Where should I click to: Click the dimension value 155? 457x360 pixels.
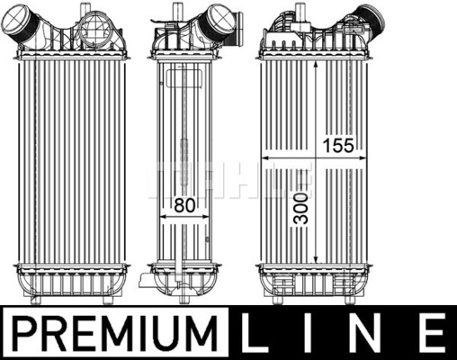338,146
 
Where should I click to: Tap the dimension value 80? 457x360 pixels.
184,205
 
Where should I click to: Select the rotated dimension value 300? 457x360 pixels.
300,208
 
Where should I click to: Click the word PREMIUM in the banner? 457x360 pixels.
114,333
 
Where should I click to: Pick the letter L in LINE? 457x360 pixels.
255,333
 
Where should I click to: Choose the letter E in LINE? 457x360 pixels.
432,333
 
